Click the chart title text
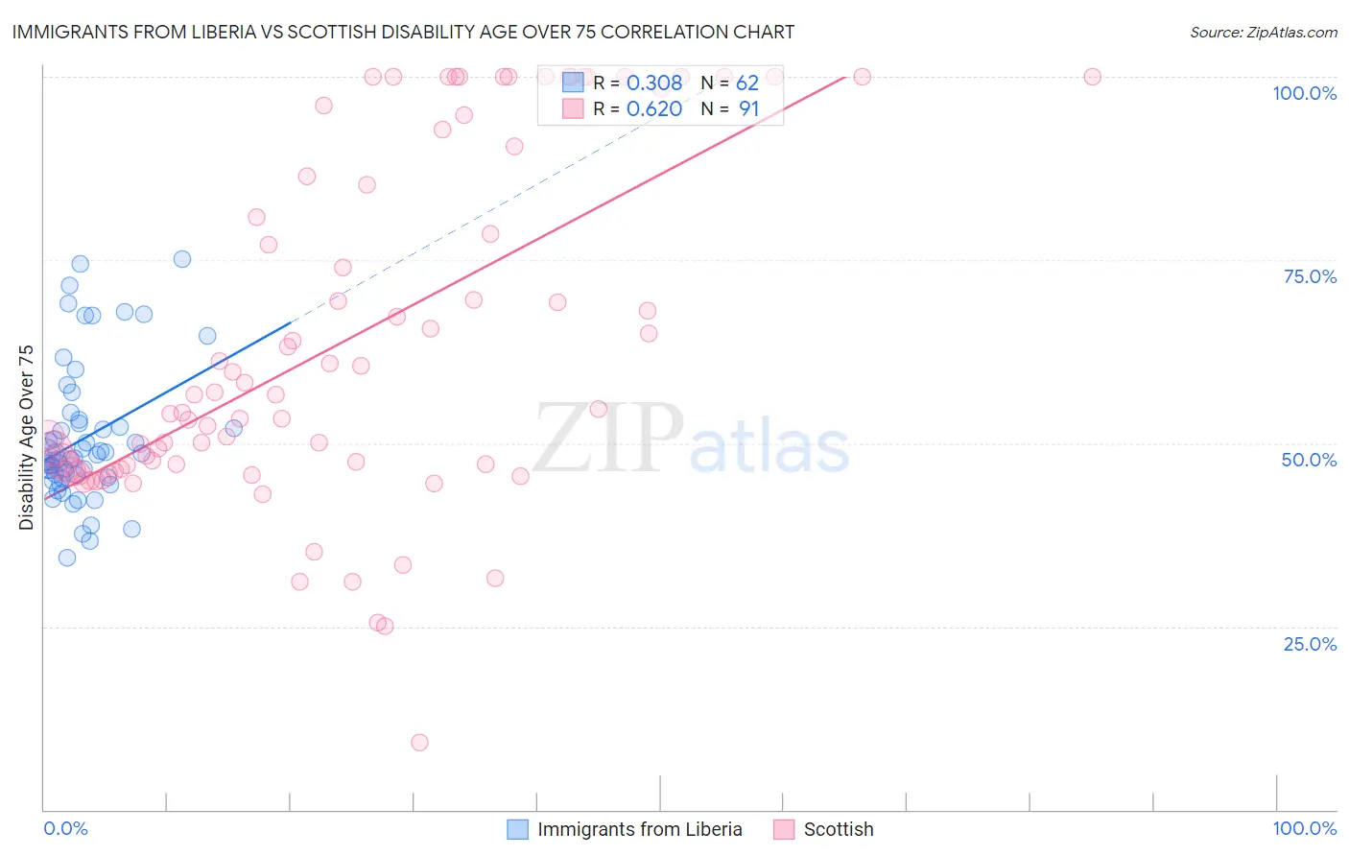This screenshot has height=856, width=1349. pyautogui.click(x=403, y=32)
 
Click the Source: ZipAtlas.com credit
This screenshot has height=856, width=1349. pyautogui.click(x=1263, y=32)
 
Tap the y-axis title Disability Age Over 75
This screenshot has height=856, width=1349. pyautogui.click(x=26, y=438)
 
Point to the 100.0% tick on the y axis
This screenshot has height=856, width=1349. pyautogui.click(x=1304, y=93)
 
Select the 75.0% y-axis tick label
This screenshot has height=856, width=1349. pyautogui.click(x=1310, y=276)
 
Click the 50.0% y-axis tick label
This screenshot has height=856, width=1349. pyautogui.click(x=1309, y=460)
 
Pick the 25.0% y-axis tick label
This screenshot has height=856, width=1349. pyautogui.click(x=1310, y=644)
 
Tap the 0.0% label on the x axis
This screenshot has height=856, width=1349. pyautogui.click(x=65, y=828)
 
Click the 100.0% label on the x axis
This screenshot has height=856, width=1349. pyautogui.click(x=1304, y=828)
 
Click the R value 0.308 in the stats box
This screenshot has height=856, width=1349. pyautogui.click(x=653, y=83)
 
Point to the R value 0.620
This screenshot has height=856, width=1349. pyautogui.click(x=653, y=109)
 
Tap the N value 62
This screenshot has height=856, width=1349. pyautogui.click(x=746, y=83)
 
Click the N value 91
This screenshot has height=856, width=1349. pyautogui.click(x=748, y=109)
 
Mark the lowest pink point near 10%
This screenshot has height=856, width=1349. pyautogui.click(x=419, y=742)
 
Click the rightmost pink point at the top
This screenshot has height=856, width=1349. pyautogui.click(x=1092, y=77)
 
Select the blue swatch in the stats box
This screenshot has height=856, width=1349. pyautogui.click(x=573, y=83)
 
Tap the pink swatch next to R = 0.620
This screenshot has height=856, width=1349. pyautogui.click(x=573, y=109)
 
